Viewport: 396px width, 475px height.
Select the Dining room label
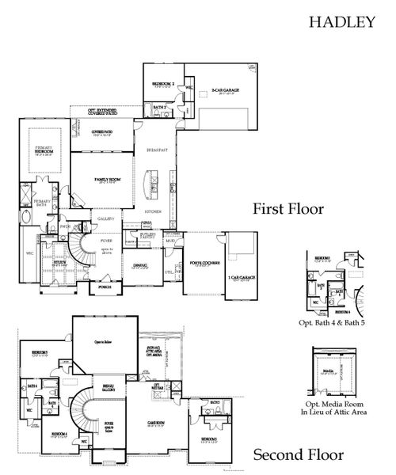(140, 265)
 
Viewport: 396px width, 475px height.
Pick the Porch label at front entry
(105, 288)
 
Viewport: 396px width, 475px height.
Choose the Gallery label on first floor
(106, 218)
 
